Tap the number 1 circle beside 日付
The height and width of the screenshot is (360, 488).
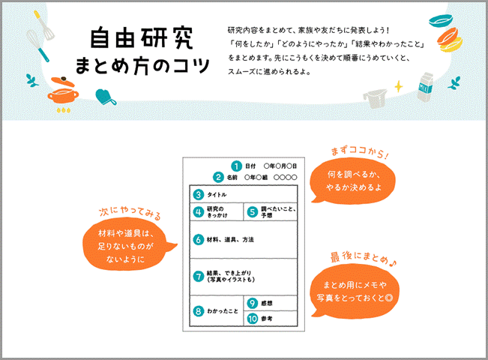point(236,166)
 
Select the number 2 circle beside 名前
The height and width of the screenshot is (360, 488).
point(218,178)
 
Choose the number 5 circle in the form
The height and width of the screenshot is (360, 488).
point(252,212)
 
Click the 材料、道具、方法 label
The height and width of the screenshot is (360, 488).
point(231,240)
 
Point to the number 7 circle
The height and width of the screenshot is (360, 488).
point(199,276)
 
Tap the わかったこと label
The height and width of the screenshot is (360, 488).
point(225,310)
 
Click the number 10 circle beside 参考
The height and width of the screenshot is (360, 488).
point(252,319)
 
